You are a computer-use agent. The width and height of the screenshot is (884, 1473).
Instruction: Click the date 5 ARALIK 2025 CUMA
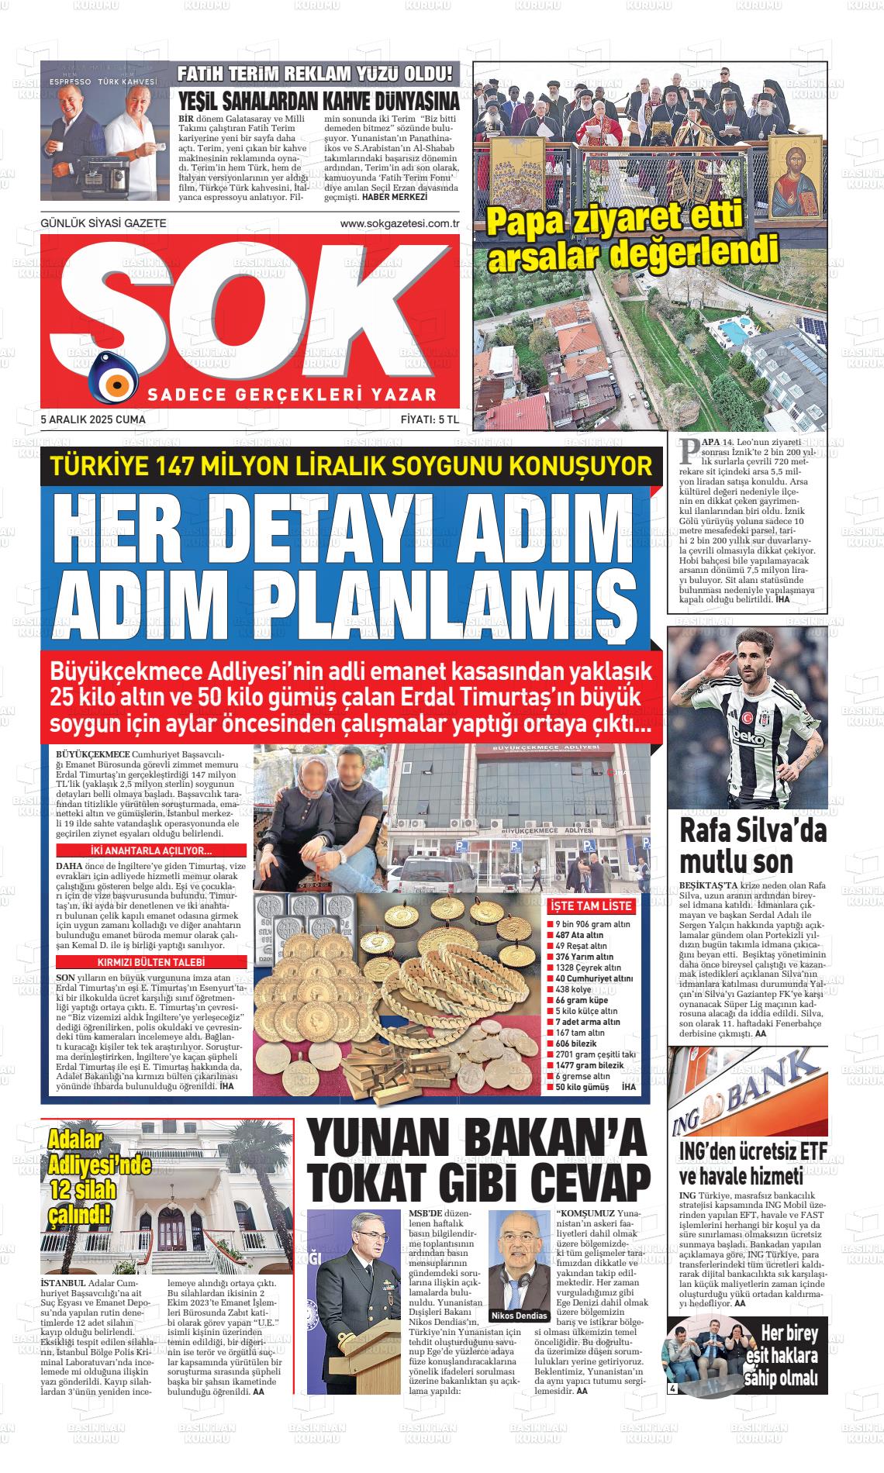click(x=93, y=419)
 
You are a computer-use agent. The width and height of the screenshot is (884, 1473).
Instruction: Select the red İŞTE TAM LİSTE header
click(x=591, y=906)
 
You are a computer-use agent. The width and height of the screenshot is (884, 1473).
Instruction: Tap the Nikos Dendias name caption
click(x=513, y=1316)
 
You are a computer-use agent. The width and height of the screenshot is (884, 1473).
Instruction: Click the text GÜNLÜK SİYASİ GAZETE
click(x=103, y=223)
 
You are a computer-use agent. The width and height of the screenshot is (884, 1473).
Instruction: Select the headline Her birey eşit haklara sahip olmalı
click(x=783, y=1357)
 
